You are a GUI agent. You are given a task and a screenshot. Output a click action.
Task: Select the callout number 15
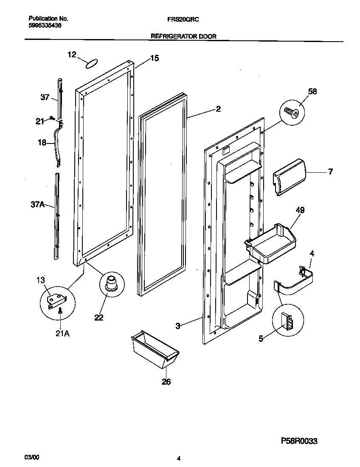point(155,59)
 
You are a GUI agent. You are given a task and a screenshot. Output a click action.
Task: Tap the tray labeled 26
point(155,349)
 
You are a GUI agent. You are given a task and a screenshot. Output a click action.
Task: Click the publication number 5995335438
point(44,25)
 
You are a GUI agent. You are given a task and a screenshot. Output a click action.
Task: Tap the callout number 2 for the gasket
point(218,109)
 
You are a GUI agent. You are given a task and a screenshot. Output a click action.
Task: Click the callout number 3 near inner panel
point(178,326)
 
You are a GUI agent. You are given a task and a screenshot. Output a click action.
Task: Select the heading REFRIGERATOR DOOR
point(184,37)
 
